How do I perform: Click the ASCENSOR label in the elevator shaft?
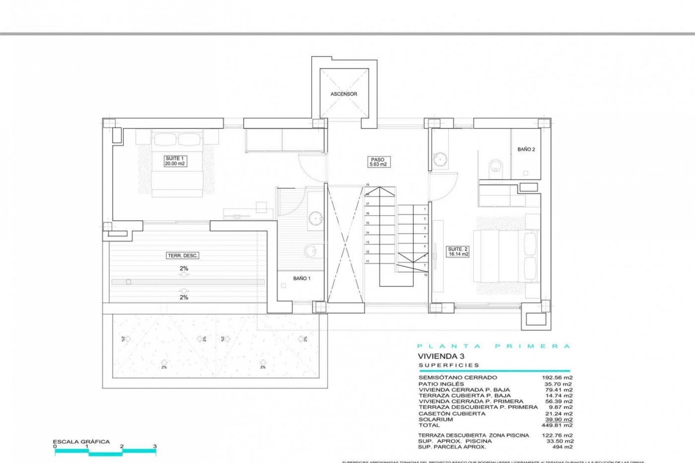pos(344,94)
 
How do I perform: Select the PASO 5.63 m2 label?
pos(378,162)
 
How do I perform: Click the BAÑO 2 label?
pos(526,149)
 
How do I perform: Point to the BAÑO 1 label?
pos(302,279)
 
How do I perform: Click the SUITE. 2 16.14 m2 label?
pos(458,252)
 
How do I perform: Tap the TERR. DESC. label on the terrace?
pos(183,256)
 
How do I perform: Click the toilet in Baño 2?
pos(494,167)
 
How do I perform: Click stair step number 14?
pos(367,233)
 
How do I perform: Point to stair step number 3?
pos(425,229)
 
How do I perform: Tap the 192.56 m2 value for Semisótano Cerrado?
pos(557,377)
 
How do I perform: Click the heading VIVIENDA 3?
pos(441,356)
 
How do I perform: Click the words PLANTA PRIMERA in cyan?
pos(494,346)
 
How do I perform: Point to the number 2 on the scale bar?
pos(122,446)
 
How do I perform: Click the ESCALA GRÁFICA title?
pos(81,442)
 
